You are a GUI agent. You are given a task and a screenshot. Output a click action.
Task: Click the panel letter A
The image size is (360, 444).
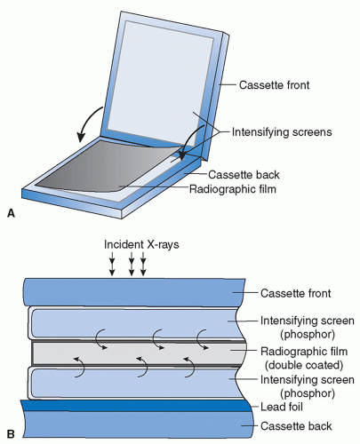(x=11, y=213)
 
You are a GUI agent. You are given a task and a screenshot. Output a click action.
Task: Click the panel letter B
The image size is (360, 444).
(x=11, y=434)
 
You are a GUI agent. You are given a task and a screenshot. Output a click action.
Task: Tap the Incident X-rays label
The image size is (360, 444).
(x=141, y=244)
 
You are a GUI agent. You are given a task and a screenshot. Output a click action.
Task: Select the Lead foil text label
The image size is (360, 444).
(x=282, y=407)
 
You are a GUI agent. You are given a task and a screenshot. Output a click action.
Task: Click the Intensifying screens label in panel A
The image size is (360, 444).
(x=282, y=132)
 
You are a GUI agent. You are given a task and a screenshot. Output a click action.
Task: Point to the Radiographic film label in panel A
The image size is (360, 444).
(x=233, y=188)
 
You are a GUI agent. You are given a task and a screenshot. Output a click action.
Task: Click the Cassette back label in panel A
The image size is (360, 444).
(x=244, y=175)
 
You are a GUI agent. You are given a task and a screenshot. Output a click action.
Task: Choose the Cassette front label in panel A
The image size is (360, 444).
(x=274, y=85)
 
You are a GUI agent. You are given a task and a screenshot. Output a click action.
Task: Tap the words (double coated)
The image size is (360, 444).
(x=304, y=365)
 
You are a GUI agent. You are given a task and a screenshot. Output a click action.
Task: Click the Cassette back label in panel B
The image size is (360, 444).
(x=296, y=426)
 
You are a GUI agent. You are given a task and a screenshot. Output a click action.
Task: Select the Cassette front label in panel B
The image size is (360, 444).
(x=296, y=293)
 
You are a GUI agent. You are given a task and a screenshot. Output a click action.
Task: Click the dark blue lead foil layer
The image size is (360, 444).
(x=136, y=406)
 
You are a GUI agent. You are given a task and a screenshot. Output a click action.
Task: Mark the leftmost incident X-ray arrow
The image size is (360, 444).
(x=112, y=264)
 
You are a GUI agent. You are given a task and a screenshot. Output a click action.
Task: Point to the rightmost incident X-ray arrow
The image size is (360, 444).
(x=143, y=264)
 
